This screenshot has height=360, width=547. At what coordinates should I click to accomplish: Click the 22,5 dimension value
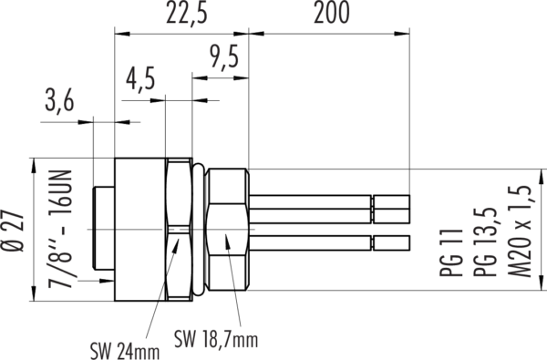pos(186,14)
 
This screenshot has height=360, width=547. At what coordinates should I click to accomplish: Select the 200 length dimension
pos(331,13)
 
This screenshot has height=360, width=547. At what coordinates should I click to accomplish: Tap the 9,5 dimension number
pos(224,57)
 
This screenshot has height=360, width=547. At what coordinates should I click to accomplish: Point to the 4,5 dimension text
pos(140,80)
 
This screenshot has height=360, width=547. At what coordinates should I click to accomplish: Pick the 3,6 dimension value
pos(59,102)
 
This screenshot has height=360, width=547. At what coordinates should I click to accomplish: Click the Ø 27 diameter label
pos(13,231)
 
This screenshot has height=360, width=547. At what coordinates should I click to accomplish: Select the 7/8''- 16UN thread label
pos(59,229)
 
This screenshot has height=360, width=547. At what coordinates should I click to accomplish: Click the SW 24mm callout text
pos(125,351)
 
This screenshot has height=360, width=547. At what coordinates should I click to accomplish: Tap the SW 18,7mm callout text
pos(216,338)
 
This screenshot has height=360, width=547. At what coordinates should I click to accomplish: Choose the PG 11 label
pos(451,252)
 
